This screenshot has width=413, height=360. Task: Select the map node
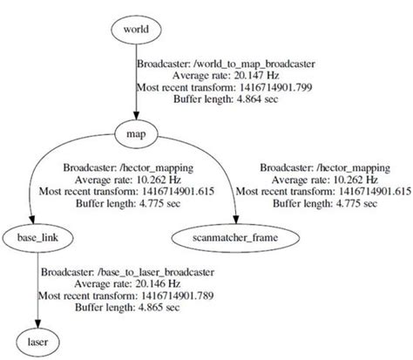click(137, 133)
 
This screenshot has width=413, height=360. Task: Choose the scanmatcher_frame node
click(237, 236)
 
